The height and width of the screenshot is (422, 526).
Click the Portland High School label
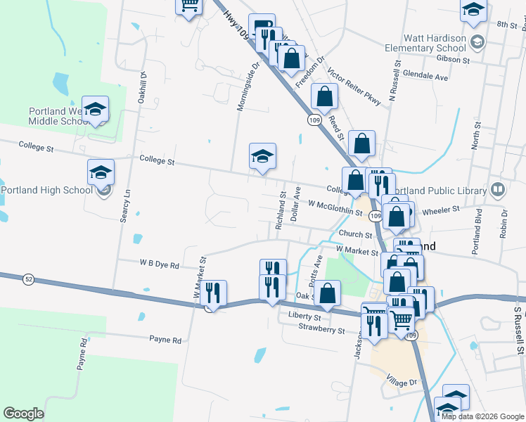[x=47, y=190]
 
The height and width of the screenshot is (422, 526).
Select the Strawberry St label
[x=321, y=328]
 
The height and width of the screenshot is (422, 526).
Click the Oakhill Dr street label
[x=143, y=91]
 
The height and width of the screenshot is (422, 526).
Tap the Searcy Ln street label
[x=127, y=206]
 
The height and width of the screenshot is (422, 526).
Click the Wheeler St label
[x=442, y=209]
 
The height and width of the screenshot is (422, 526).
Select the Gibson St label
[x=453, y=60]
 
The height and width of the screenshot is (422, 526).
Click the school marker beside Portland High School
[x=101, y=172]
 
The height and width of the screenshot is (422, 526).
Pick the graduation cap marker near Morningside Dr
[x=262, y=157]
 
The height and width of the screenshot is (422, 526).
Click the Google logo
[x=23, y=414]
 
